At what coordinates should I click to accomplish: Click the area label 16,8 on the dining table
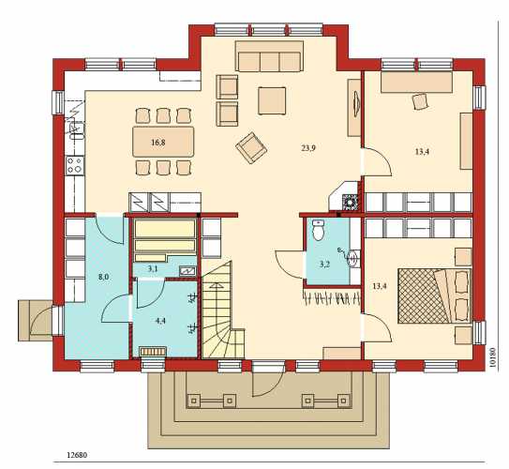click(x=158, y=142)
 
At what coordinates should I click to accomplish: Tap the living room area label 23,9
click(x=308, y=148)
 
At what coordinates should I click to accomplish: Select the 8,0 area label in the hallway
click(x=103, y=277)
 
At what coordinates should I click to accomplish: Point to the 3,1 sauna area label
click(x=153, y=268)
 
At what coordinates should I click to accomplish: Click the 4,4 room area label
click(x=160, y=321)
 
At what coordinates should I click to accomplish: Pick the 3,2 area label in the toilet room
click(x=324, y=265)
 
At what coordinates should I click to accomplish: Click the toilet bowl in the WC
click(x=318, y=230)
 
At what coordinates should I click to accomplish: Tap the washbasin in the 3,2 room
click(x=352, y=258)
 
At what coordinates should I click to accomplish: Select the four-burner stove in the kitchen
click(x=75, y=165)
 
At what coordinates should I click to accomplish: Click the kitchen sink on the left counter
click(x=77, y=130)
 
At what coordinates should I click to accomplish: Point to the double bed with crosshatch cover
click(x=434, y=295)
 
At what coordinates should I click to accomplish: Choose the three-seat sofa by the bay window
click(x=269, y=56)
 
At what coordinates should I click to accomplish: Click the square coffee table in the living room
click(x=272, y=100)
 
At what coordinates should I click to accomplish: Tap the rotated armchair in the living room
click(x=251, y=148)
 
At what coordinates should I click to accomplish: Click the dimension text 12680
click(x=77, y=455)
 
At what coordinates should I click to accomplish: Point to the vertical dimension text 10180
click(x=494, y=357)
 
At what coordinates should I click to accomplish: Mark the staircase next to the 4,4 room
click(x=223, y=310)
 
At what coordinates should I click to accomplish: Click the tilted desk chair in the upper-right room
click(x=421, y=101)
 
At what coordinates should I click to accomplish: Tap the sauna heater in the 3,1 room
click(x=187, y=270)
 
